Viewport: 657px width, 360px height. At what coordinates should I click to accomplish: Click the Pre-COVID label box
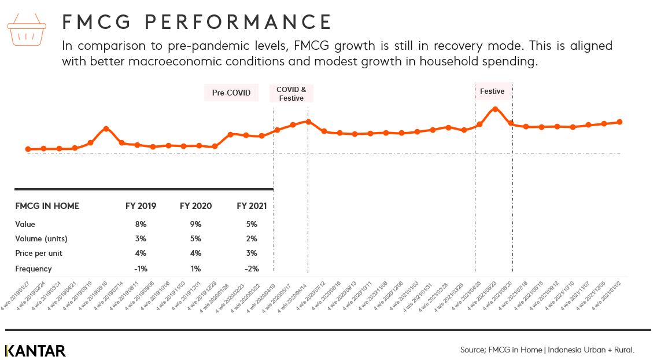click(231, 93)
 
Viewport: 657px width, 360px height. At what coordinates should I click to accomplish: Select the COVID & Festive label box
click(291, 93)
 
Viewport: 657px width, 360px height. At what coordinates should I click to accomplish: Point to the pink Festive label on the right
click(492, 91)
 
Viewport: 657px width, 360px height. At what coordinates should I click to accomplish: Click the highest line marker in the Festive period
click(495, 109)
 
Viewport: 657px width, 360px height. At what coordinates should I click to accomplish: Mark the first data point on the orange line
click(28, 149)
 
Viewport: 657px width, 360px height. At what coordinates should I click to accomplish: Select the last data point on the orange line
click(619, 122)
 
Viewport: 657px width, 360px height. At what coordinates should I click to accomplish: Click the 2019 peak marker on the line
click(106, 129)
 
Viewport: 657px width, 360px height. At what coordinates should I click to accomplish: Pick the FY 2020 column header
click(195, 206)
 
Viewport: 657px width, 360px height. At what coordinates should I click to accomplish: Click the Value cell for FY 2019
click(141, 224)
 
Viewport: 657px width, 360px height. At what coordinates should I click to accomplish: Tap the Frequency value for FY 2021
click(252, 269)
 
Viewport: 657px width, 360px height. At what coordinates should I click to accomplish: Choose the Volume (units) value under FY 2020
click(195, 238)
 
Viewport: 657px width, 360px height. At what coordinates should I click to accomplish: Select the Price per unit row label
click(39, 254)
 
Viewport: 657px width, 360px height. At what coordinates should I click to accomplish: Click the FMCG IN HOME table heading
click(47, 206)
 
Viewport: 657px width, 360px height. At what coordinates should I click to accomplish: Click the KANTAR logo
click(35, 351)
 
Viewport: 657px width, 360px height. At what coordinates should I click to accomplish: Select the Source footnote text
click(547, 350)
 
